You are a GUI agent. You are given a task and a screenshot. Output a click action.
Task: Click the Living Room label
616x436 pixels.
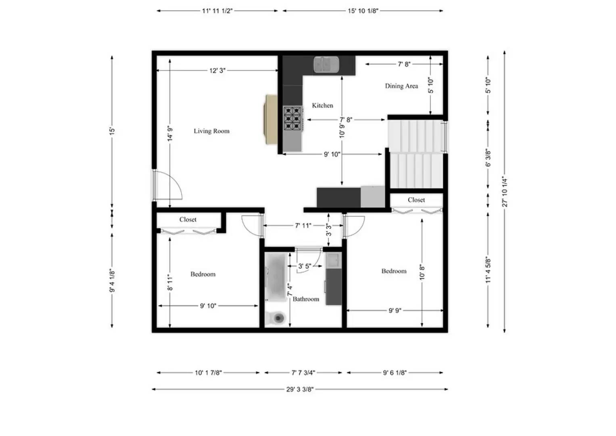[211, 131]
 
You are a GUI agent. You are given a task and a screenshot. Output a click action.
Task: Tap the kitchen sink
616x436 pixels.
[326, 65]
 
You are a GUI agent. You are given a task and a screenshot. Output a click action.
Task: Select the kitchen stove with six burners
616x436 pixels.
[293, 118]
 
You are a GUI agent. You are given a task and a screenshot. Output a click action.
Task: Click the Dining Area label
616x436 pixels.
[401, 86]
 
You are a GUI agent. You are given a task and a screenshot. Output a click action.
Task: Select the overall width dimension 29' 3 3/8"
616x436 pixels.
[300, 389]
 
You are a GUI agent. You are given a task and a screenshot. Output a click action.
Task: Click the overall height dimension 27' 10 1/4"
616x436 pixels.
[505, 191]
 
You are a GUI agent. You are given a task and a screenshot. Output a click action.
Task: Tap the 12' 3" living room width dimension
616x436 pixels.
[217, 71]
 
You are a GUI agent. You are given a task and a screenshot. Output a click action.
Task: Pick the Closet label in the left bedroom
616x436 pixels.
[188, 220]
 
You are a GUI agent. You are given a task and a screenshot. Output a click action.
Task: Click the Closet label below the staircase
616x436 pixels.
[416, 200]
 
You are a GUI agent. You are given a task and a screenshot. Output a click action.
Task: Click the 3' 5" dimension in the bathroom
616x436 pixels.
[305, 266]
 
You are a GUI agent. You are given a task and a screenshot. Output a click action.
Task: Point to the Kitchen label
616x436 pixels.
[322, 105]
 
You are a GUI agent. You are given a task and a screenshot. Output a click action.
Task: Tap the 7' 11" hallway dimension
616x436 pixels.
[303, 225]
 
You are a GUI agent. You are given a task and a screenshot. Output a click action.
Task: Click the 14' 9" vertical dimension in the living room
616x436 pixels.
[170, 133]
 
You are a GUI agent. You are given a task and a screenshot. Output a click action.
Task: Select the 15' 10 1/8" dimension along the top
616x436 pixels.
[363, 11]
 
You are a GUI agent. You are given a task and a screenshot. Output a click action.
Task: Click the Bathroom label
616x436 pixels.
[306, 299]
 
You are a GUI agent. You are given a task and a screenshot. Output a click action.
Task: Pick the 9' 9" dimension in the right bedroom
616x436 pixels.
[395, 310]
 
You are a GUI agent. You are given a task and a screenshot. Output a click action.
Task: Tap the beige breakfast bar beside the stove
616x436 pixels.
[271, 119]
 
